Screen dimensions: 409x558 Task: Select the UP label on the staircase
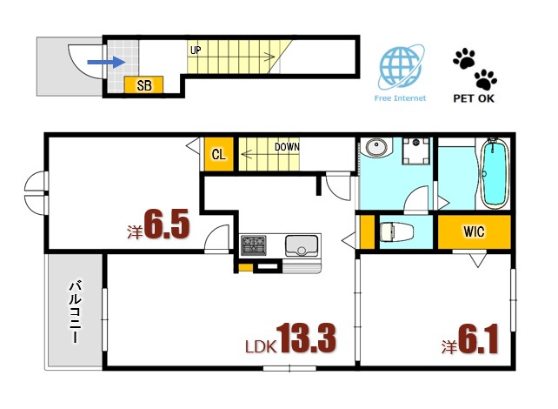196,50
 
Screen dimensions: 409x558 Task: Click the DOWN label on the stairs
287,147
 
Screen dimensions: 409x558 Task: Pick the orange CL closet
219,156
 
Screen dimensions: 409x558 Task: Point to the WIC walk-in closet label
474,232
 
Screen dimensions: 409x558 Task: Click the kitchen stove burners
254,245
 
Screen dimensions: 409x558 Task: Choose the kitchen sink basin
301,245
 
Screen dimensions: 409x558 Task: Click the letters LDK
259,346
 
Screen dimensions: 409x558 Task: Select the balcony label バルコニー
76,309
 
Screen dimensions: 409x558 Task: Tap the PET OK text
475,98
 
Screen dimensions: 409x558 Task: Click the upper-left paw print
464,57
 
